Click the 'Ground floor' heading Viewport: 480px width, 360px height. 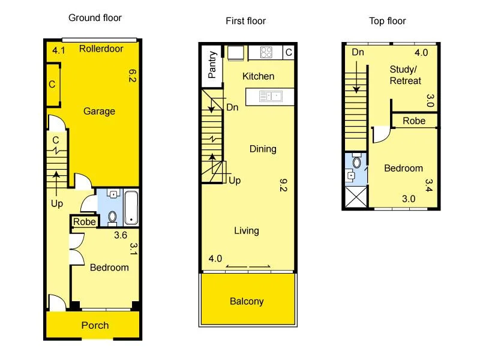tap(95, 18)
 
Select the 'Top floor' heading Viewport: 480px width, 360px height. tap(387, 21)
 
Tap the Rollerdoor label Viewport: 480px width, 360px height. tap(101, 49)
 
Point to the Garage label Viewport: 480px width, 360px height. tap(99, 111)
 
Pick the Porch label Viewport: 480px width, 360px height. tap(95, 325)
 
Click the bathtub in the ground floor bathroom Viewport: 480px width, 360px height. tap(131, 208)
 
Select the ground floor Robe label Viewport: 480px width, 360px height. tap(83, 222)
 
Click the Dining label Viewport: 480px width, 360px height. tap(263, 149)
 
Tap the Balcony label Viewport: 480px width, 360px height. tap(247, 301)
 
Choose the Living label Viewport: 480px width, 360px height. tap(247, 230)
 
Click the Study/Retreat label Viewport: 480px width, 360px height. tap(406, 75)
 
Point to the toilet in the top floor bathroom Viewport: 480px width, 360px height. tap(356, 162)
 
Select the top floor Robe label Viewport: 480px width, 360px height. tap(414, 121)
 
